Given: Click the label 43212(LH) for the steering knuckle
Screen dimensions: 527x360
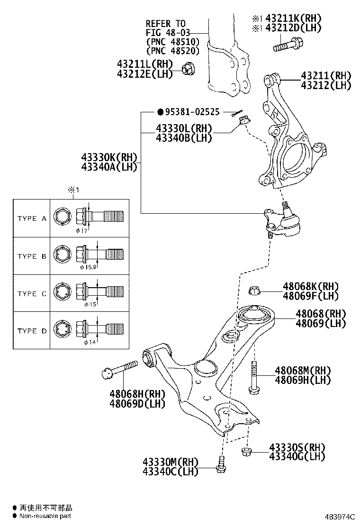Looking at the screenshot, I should [326, 85].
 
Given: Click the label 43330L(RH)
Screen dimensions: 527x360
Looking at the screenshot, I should [184, 128].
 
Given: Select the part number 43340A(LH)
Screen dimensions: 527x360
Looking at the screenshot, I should [109, 166].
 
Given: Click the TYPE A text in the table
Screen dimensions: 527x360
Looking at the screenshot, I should [32, 218].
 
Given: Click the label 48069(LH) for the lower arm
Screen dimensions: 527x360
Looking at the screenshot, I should [321, 323].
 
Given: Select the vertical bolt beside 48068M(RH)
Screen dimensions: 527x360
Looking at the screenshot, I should [253, 377].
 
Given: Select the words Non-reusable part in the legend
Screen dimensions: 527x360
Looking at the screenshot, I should [45, 516].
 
